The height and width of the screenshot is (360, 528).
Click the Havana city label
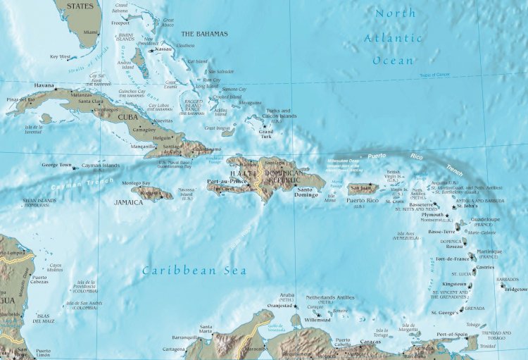coord(44,86)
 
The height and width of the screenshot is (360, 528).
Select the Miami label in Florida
coord(90,32)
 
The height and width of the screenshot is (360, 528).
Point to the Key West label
coord(61,56)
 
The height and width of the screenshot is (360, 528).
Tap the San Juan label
coord(360,188)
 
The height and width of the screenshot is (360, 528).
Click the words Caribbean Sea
coord(194,270)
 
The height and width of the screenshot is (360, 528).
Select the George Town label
coord(56,165)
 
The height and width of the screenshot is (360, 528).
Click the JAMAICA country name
coord(129,202)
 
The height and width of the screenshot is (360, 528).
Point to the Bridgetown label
coord(515,290)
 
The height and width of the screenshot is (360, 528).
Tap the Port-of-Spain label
coord(451,334)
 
